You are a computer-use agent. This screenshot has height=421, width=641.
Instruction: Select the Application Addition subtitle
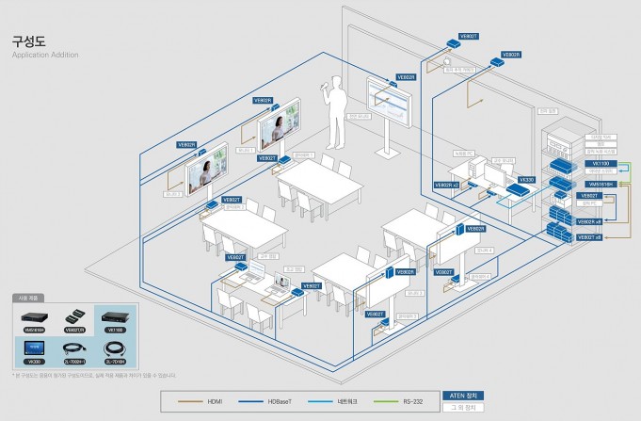click(45, 56)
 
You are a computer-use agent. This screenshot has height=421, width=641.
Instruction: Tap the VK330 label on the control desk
click(527, 177)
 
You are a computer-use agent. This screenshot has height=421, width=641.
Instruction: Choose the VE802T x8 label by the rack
click(590, 238)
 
